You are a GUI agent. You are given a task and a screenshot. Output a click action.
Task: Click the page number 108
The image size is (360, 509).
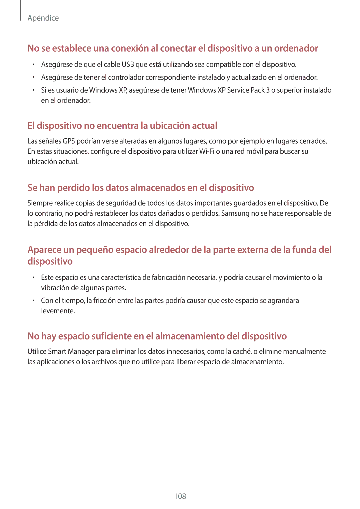tap(180, 496)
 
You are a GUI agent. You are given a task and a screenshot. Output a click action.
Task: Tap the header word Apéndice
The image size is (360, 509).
tap(43, 18)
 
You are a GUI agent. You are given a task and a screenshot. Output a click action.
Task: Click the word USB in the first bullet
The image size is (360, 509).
tap(128, 64)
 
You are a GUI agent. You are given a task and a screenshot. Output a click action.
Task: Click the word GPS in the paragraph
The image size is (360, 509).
tap(69, 141)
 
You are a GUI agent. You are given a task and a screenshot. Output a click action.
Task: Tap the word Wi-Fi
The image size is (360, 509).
tap(207, 151)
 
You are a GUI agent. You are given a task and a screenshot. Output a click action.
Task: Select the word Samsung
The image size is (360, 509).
tap(235, 213)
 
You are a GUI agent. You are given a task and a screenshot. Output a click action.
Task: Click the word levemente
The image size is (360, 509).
tap(58, 311)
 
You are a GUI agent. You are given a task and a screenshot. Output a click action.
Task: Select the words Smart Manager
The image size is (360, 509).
tap(71, 351)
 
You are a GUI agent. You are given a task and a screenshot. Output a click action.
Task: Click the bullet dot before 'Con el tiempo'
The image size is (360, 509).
tap(34, 301)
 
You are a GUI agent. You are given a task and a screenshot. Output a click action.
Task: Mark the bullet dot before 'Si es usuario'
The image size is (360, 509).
tap(34, 90)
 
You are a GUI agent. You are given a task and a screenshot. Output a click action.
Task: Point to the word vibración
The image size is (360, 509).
tap(55, 288)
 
